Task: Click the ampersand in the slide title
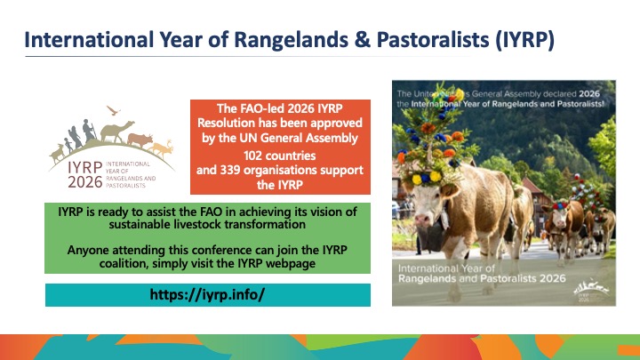click(361, 40)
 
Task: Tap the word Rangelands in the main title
click(291, 40)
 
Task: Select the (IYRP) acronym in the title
click(525, 40)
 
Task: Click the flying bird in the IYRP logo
click(113, 110)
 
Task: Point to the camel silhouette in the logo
click(116, 131)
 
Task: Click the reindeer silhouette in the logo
click(162, 148)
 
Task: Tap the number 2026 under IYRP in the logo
click(85, 182)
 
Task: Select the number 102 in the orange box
click(252, 156)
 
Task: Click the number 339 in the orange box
click(230, 170)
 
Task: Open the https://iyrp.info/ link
click(207, 294)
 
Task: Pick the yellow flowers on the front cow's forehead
click(427, 178)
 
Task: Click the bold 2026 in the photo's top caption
click(589, 93)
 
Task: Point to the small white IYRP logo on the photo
click(591, 290)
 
